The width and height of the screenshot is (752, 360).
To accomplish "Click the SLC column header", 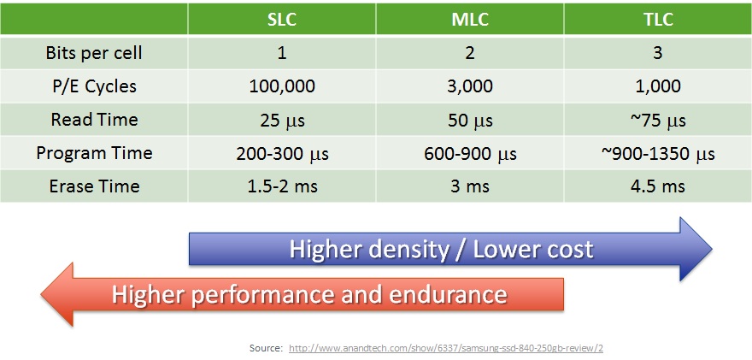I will coord(282,19).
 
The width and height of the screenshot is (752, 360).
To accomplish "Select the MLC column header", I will coord(470,19).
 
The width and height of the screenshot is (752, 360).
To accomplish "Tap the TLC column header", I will coord(658,19).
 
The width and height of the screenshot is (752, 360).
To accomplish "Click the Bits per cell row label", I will coord(94,53).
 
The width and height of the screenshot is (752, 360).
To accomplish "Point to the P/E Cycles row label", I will coord(94,86).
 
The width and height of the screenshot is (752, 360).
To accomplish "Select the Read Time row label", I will coord(94,120).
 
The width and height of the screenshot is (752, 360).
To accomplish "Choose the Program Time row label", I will coord(94,153).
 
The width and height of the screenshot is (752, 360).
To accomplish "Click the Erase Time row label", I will coord(94,186).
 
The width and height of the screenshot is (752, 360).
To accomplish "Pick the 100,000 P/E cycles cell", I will coord(282,86).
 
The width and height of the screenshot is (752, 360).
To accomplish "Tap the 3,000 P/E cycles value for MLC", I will coord(470,86).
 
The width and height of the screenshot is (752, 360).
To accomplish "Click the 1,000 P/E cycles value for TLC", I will coord(658,86).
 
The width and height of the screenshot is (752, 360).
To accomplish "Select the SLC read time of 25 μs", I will coord(282,120).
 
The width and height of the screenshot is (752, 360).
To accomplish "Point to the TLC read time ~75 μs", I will coord(658,120).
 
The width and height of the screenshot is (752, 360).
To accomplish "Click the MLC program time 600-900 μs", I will coord(470,153).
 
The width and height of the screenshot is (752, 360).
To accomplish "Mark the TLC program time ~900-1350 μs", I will coord(658,153).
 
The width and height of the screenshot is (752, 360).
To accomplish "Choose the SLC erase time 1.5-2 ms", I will coord(282,186).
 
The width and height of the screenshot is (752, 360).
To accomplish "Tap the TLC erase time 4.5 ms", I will coord(658,186).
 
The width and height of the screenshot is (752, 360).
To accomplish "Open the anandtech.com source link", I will coord(446,348).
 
